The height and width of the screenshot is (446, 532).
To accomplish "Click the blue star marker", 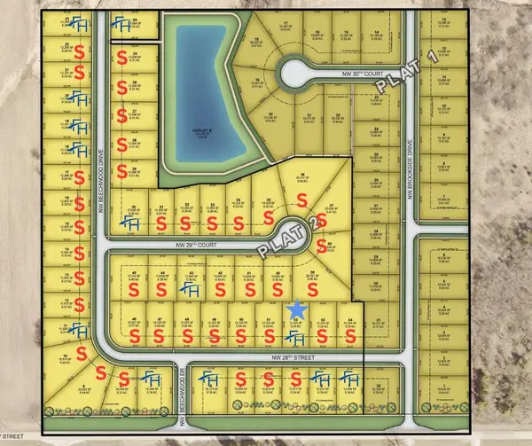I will click(x=298, y=309).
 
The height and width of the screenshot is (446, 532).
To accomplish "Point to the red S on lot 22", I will click(x=82, y=50).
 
